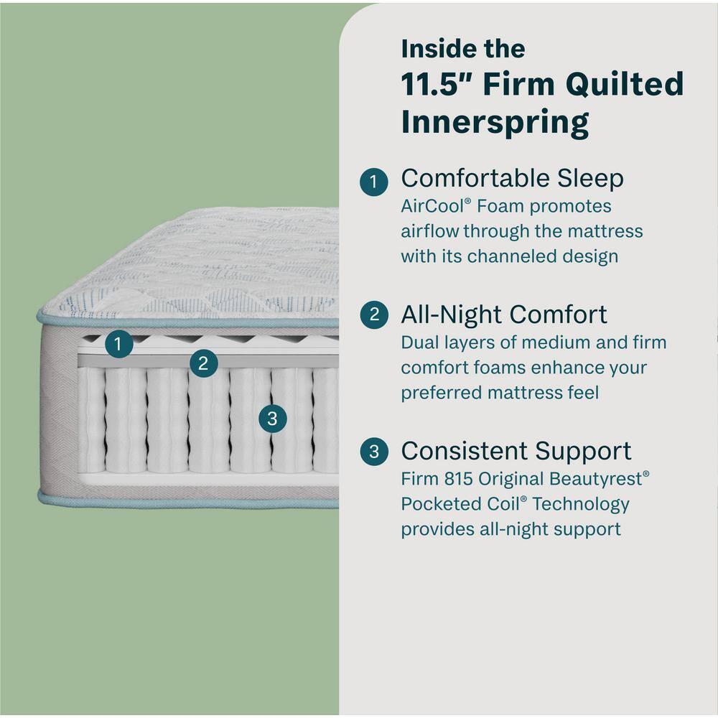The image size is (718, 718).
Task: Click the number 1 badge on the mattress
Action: click(119, 344)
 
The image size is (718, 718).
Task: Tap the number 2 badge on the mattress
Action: click(204, 363)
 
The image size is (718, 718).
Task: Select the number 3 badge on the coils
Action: click(272, 418)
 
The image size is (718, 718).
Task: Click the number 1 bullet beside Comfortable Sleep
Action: click(374, 180)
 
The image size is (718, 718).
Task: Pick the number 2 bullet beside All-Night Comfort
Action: click(374, 316)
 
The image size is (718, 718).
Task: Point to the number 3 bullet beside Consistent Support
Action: click(374, 452)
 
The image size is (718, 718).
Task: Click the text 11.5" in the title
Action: click(437, 84)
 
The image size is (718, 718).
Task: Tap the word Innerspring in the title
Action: click(495, 121)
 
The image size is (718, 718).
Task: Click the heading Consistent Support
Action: click(516, 451)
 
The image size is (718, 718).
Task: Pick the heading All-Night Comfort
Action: click(503, 315)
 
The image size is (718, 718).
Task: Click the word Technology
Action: click(581, 504)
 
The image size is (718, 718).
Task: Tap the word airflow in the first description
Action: click(429, 232)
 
